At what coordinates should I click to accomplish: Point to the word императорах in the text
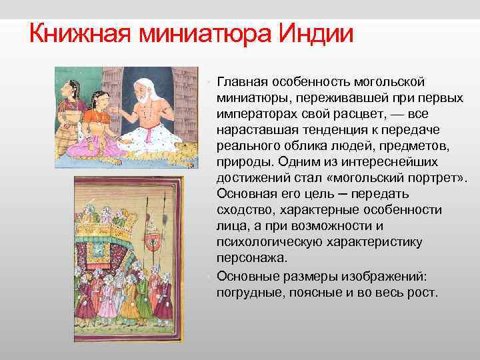(x=252, y=113)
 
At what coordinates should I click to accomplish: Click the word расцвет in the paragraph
(x=349, y=113)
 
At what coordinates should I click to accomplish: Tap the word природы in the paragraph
(x=240, y=161)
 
